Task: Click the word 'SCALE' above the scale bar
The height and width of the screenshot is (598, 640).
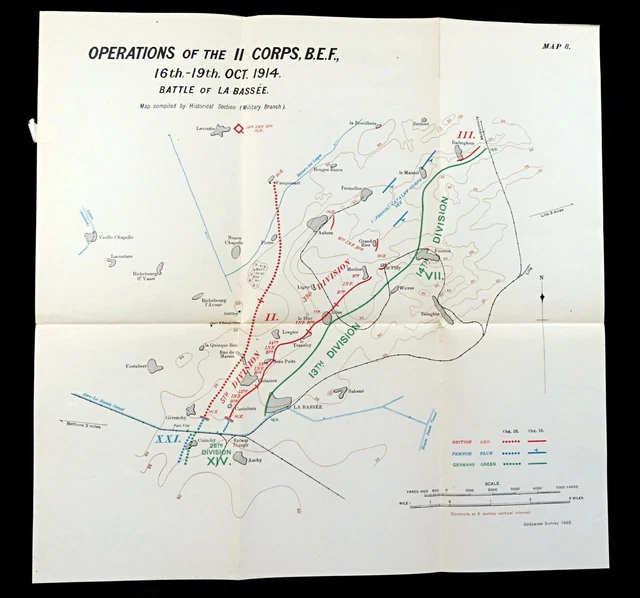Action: (489, 481)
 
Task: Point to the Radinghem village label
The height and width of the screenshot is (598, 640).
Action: (463, 143)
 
